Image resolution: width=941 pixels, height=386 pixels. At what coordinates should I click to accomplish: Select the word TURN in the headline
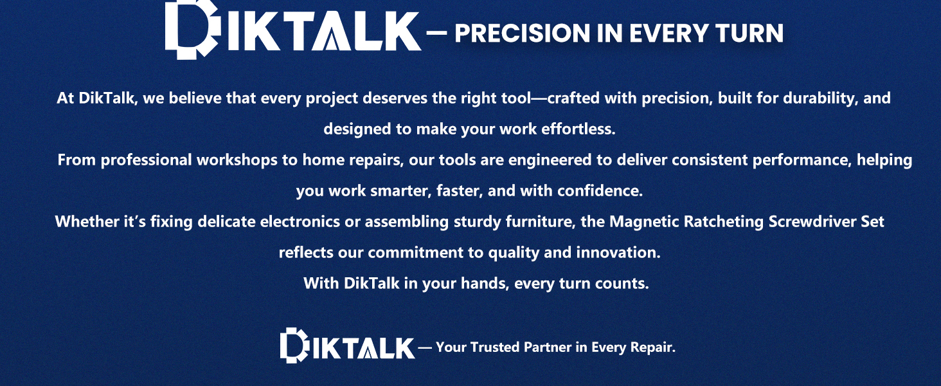pyautogui.click(x=749, y=33)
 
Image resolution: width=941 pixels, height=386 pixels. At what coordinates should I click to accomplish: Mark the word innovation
pyautogui.click(x=618, y=253)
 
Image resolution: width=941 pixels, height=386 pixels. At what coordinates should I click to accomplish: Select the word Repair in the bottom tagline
pyautogui.click(x=653, y=348)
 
